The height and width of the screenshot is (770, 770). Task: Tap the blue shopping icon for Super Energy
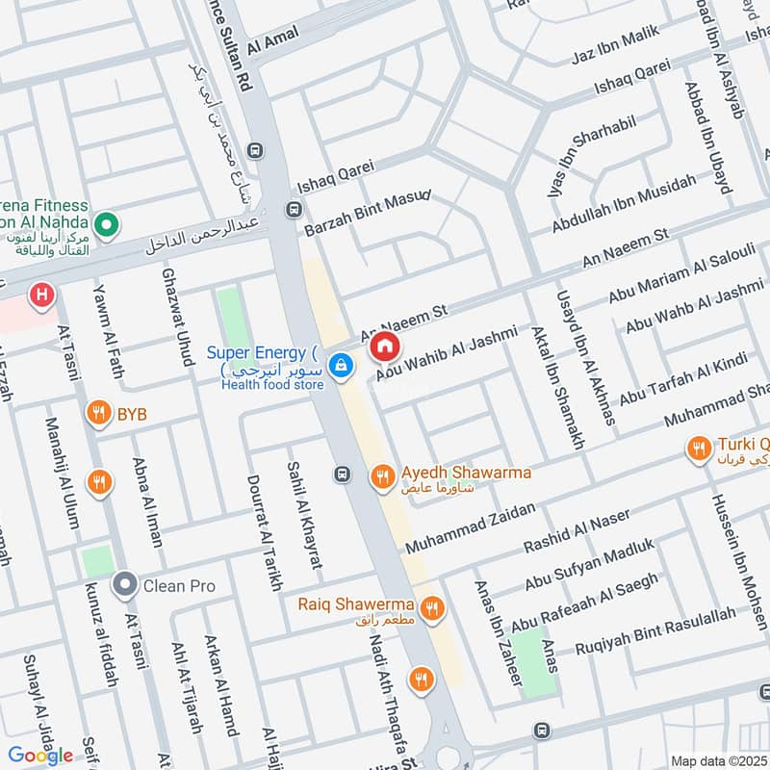point(340,366)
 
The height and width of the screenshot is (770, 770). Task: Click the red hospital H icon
point(41,293)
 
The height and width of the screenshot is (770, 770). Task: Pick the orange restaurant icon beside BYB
point(97,415)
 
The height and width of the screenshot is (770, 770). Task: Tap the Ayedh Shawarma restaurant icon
point(383,475)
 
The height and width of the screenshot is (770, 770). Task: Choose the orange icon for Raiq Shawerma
point(430,606)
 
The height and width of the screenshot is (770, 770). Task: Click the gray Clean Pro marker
point(124,584)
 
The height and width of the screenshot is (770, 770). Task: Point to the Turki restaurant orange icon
point(697,448)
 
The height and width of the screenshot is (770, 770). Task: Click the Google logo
point(40,755)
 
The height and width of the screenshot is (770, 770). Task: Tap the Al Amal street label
point(273,39)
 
